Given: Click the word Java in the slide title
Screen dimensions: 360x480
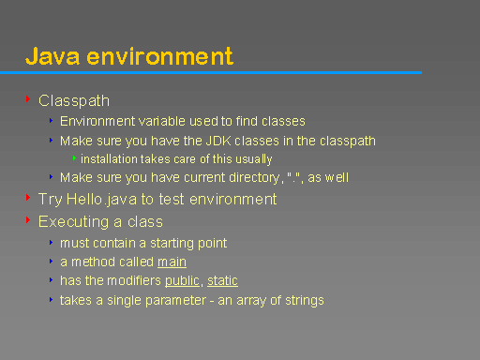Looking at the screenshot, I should click(x=52, y=55).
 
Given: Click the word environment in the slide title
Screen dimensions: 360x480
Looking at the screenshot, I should click(x=158, y=55).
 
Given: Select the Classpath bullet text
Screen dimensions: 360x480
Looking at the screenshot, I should click(x=74, y=100).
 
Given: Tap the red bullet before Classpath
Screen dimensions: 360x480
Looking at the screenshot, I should click(x=28, y=98).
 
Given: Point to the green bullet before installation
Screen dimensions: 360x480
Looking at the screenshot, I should click(x=74, y=157).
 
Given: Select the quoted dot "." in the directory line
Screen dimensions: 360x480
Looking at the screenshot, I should click(x=291, y=176).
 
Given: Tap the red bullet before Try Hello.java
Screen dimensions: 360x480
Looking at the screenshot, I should click(x=28, y=198).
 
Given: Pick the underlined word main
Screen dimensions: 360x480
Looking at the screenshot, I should click(x=172, y=262).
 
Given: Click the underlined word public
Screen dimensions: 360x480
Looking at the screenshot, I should click(x=182, y=280).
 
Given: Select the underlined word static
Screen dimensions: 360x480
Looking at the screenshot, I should click(x=222, y=280).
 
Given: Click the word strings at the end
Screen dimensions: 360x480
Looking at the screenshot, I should click(x=304, y=300).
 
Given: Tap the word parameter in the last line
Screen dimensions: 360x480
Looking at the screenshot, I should click(x=160, y=300).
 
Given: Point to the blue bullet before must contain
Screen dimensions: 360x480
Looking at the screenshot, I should click(x=51, y=242).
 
